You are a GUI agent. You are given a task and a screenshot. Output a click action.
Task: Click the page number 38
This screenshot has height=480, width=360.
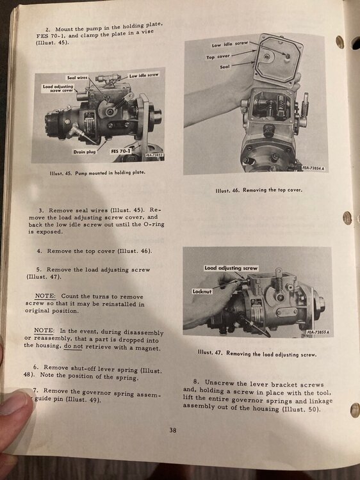[x=173, y=429]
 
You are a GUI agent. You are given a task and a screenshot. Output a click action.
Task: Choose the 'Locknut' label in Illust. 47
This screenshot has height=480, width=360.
[x=202, y=291]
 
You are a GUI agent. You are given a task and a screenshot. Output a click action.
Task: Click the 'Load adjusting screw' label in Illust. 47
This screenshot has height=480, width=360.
[x=231, y=268]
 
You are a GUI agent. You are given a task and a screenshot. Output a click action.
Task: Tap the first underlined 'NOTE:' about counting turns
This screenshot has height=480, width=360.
[x=45, y=296]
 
